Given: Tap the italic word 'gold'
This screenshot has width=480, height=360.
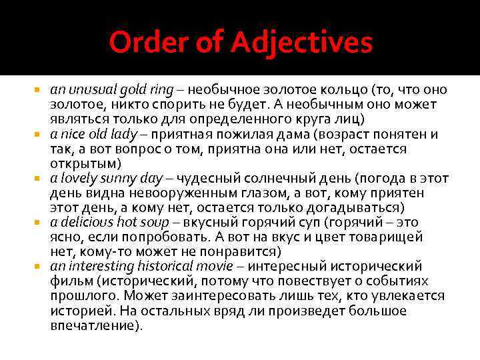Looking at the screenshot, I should pos(131,90).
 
